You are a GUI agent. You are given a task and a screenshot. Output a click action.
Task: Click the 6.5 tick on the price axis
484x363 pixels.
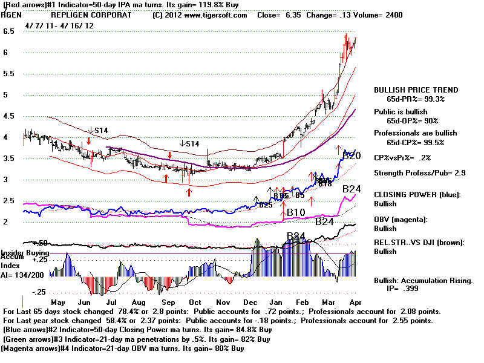(8, 31)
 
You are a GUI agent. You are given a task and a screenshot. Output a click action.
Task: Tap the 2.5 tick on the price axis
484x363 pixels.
(8, 200)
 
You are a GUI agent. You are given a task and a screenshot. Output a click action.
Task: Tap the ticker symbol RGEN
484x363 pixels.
(13, 15)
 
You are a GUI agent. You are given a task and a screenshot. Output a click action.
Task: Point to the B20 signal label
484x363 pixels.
(352, 156)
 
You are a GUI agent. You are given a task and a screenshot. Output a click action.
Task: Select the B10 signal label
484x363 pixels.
(295, 212)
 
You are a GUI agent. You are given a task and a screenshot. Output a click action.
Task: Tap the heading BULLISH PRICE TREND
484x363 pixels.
(416, 90)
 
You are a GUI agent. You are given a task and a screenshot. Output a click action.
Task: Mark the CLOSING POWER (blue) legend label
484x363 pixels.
(417, 195)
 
